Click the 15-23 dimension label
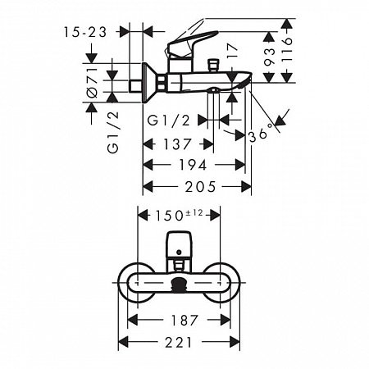pyautogui.click(x=84, y=32)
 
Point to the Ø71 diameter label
pyautogui.click(x=93, y=83)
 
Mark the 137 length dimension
pyautogui.click(x=178, y=144)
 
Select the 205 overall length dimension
pyautogui.click(x=197, y=188)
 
